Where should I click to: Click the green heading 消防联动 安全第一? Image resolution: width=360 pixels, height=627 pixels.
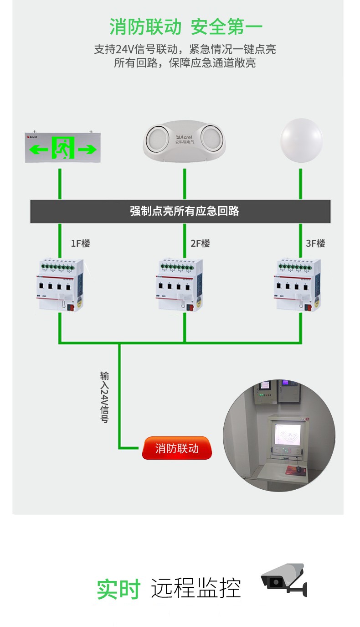coord(186,27)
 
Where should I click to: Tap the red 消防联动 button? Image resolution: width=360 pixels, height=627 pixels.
coord(177,448)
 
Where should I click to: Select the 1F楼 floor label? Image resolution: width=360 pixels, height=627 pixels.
coord(80,244)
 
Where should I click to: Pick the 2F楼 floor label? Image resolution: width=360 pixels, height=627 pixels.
coord(200,244)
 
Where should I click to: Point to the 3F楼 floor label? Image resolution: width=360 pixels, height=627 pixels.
coord(315,244)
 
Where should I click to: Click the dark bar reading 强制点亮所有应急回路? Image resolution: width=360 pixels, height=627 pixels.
coord(180,211)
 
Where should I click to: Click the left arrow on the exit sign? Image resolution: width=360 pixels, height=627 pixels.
coord(38,149)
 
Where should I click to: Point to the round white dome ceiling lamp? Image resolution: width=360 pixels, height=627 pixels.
coord(301,141)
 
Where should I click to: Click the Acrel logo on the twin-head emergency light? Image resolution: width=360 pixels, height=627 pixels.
coord(185,137)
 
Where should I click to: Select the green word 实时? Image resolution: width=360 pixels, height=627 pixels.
coord(118,590)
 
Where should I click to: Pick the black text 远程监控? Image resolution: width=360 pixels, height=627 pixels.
coord(195,589)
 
